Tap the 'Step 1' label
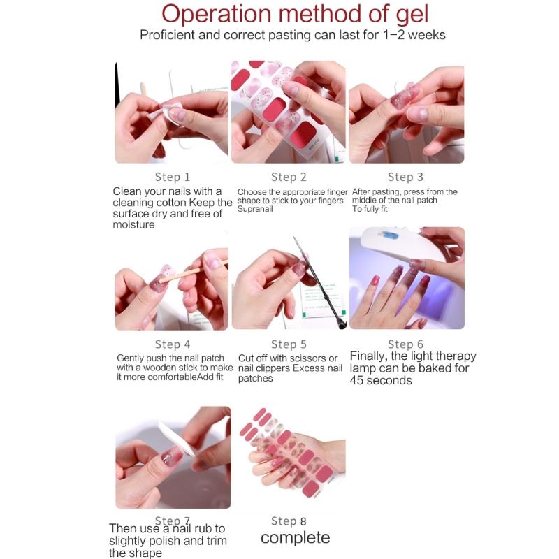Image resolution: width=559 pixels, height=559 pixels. (x=173, y=177)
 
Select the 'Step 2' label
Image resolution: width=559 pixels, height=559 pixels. (x=289, y=177)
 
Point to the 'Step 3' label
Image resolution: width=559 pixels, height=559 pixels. (x=405, y=177)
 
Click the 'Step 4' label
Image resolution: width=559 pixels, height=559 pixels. (x=173, y=344)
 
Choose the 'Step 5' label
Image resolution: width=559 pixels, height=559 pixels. (x=289, y=344)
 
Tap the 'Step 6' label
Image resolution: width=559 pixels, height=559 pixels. (x=405, y=344)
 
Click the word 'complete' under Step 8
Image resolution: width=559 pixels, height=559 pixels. (x=295, y=537)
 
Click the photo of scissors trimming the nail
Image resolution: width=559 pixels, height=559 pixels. (x=289, y=279)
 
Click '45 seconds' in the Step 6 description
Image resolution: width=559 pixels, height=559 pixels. (x=381, y=380)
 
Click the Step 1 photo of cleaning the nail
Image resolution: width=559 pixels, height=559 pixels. (x=173, y=112)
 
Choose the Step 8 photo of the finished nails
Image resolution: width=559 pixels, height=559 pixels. (x=289, y=458)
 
